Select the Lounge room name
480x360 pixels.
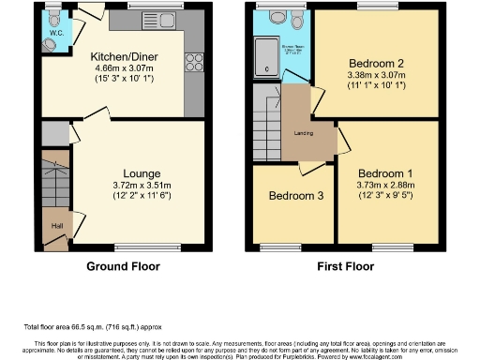pyautogui.click(x=142, y=173)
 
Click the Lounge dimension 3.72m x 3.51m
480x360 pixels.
pyautogui.click(x=142, y=186)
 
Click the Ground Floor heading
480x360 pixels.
pyautogui.click(x=122, y=265)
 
